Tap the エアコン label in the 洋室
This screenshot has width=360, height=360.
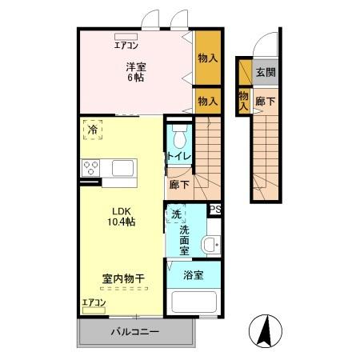[x=126, y=45]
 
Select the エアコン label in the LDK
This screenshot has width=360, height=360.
[x=94, y=302]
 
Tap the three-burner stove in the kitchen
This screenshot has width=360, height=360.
[x=90, y=169]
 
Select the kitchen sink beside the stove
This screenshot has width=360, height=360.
[x=124, y=169]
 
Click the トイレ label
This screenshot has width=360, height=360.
[x=178, y=156]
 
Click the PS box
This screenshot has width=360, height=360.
[x=214, y=210]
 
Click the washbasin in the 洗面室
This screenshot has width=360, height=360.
[x=210, y=245]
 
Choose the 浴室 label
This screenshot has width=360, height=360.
[x=193, y=274]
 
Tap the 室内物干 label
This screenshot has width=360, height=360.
[x=122, y=279]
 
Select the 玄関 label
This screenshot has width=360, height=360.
[x=265, y=72]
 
